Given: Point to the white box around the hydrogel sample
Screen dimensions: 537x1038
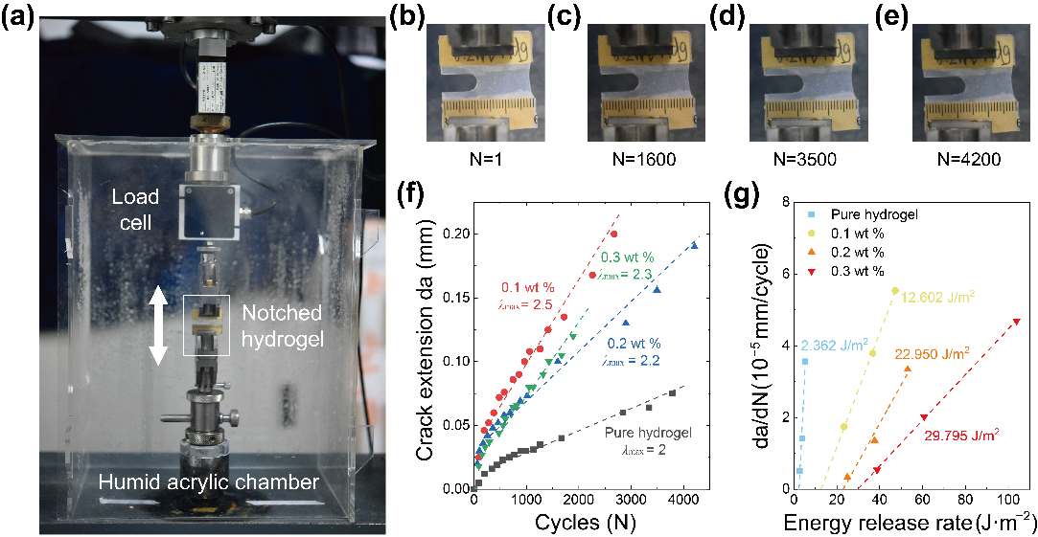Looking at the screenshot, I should (x=206, y=325).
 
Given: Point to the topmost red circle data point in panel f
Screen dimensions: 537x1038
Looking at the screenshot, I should (x=613, y=234).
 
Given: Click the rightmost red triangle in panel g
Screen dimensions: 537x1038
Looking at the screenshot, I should (x=1016, y=322).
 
